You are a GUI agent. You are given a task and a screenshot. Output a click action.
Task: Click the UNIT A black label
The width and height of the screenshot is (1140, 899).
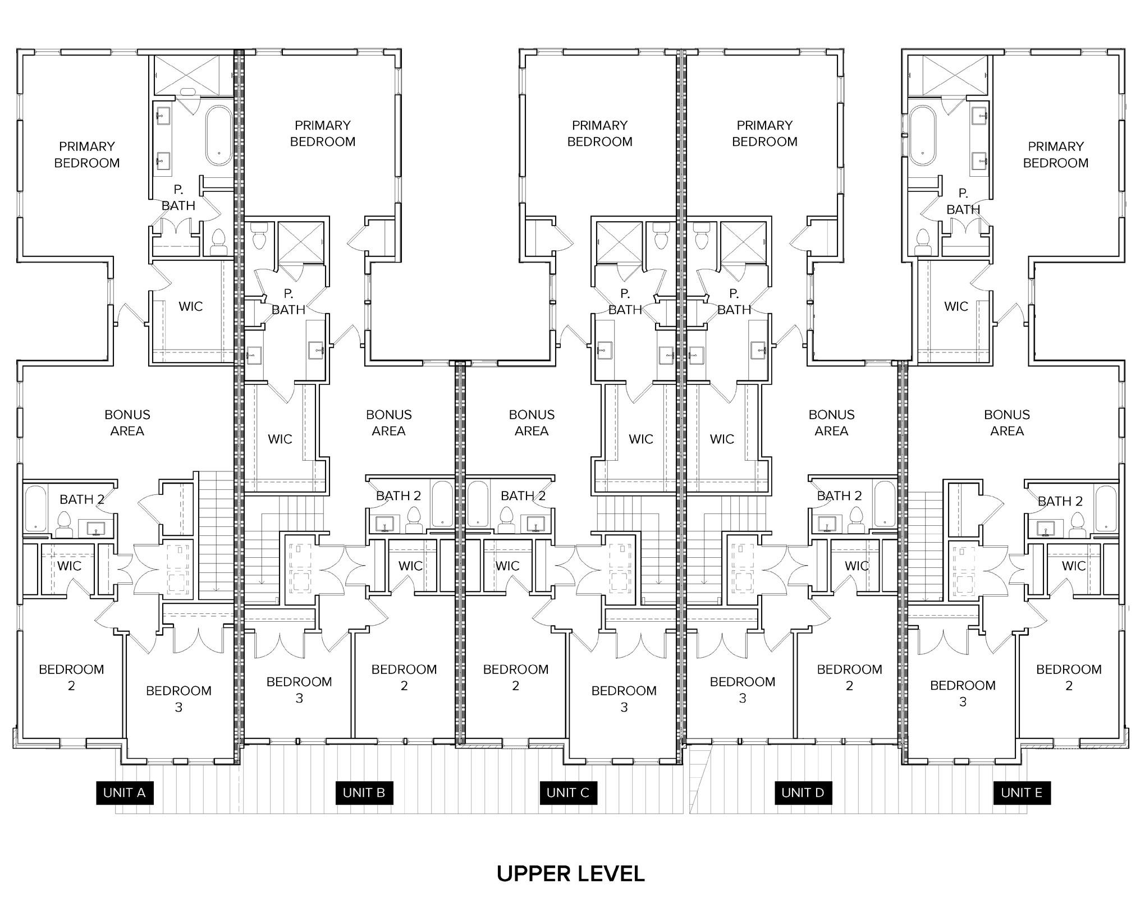pos(125,792)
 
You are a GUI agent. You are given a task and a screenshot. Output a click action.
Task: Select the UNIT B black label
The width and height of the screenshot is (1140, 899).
pos(364,792)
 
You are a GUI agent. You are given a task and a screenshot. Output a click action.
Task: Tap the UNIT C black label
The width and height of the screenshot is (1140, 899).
pos(567,792)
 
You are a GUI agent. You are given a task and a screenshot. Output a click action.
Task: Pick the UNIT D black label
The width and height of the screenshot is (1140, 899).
pos(803,792)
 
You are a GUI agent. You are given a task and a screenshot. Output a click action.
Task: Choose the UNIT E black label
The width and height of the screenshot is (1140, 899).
pos(1021,792)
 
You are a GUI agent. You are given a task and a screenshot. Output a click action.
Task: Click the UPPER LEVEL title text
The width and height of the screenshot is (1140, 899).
pos(570,874)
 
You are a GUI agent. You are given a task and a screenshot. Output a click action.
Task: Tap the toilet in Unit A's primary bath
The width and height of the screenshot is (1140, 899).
pos(218,242)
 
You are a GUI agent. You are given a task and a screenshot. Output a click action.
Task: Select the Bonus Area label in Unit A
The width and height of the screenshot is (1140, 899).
pos(127,423)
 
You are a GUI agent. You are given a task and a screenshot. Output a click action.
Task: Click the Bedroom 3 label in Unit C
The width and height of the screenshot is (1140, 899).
pos(624,699)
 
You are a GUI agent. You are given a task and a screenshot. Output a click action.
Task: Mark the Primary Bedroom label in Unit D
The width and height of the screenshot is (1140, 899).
pos(764,134)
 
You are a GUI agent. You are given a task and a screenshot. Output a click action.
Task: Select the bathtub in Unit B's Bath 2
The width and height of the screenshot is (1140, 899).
pos(442,503)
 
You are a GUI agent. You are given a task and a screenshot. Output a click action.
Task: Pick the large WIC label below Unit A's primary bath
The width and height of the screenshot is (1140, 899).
pos(190,306)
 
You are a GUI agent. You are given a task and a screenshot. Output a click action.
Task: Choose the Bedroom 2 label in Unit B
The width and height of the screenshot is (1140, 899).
pos(404,677)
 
